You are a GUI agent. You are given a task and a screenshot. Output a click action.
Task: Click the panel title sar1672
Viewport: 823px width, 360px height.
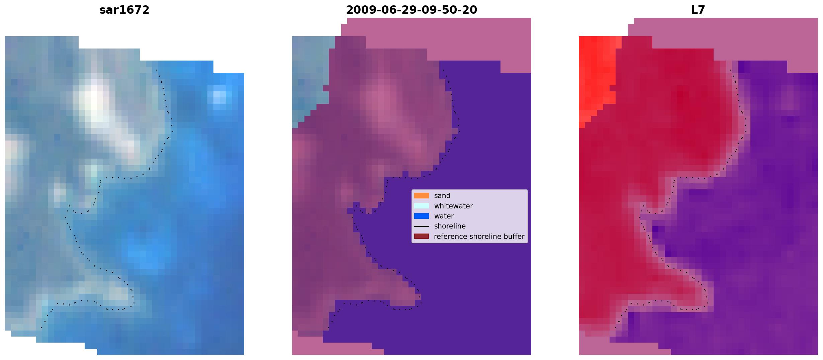(x=124, y=10)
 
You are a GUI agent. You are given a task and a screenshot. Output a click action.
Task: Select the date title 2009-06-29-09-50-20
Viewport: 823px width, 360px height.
(x=411, y=10)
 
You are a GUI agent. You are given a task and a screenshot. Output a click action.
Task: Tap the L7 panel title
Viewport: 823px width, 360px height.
(x=698, y=10)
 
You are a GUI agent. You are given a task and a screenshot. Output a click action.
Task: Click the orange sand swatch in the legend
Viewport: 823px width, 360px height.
(x=422, y=196)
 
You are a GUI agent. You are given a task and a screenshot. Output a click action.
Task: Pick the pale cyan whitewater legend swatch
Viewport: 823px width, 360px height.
(x=422, y=206)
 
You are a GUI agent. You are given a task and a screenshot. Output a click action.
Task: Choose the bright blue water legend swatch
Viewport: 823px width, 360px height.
(x=422, y=216)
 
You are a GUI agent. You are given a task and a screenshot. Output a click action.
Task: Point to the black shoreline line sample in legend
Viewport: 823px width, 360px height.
(x=422, y=226)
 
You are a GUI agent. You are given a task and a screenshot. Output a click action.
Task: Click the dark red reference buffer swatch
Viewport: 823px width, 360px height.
(x=422, y=237)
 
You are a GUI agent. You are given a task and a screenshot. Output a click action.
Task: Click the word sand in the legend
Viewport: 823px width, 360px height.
(x=442, y=196)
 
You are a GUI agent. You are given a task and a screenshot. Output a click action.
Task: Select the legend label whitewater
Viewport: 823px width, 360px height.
(x=453, y=206)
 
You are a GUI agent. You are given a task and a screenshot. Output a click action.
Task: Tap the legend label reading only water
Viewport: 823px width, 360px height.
(x=444, y=216)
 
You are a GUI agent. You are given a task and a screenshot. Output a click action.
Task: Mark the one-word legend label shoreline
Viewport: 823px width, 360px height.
(x=450, y=226)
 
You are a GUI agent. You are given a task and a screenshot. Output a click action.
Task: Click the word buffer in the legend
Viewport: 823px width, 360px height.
(x=514, y=237)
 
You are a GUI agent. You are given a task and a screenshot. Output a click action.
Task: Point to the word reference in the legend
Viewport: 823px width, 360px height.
(x=450, y=237)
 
